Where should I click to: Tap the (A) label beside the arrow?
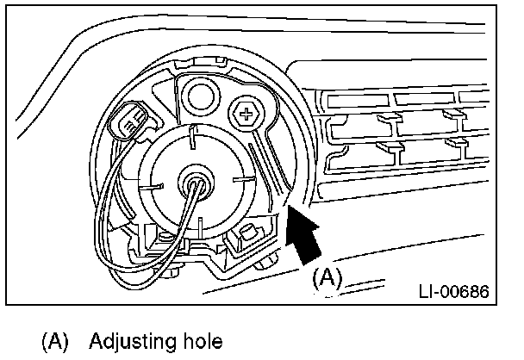pyautogui.click(x=327, y=278)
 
